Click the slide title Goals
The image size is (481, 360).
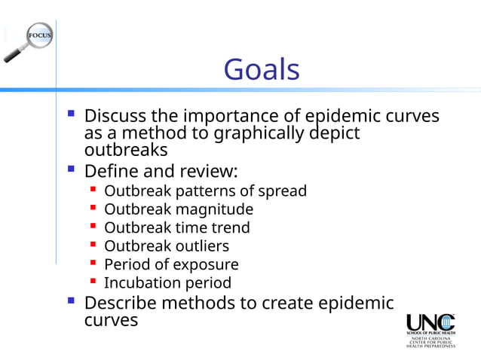(262, 71)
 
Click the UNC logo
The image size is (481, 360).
(430, 328)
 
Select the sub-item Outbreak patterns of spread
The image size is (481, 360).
(205, 191)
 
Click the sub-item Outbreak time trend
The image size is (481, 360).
(176, 227)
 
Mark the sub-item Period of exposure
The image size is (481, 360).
(171, 264)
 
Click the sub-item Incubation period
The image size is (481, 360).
(167, 283)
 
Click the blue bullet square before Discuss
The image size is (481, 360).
(70, 116)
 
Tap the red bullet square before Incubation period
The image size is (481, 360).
(93, 282)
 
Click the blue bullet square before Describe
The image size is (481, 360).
(70, 302)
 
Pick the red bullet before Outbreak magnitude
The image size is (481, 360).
(93, 209)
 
